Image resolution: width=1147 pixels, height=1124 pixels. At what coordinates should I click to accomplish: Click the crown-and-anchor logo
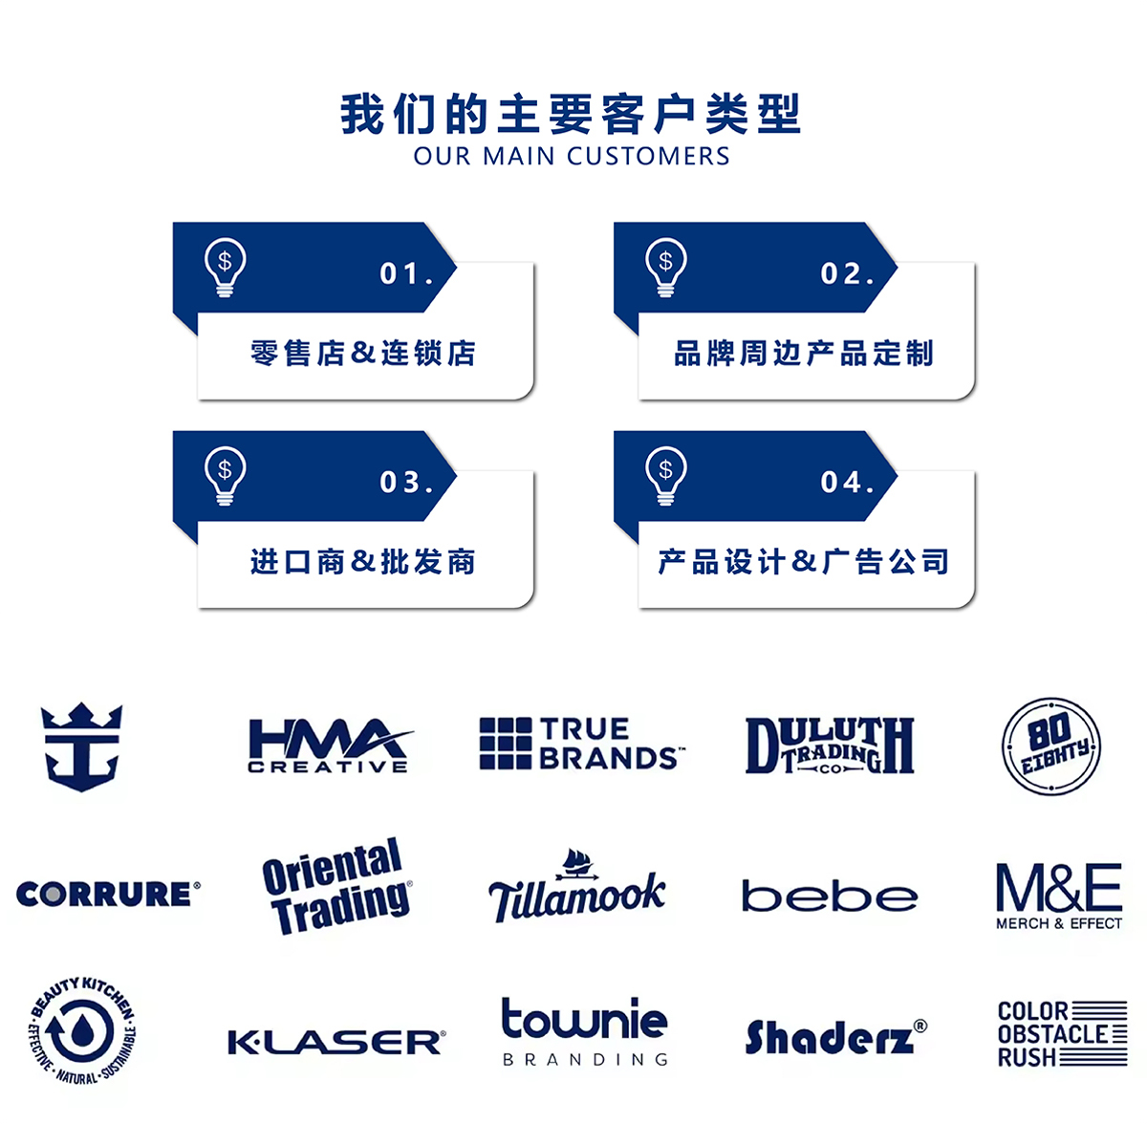coord(82,746)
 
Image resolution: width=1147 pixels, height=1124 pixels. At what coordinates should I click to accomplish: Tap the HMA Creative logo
coord(329,746)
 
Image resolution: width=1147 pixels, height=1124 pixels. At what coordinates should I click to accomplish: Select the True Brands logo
coord(581,745)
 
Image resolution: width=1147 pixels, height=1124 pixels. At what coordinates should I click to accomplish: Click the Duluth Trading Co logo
coord(830,746)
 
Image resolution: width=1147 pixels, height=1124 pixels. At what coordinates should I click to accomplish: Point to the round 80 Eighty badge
coord(1051,746)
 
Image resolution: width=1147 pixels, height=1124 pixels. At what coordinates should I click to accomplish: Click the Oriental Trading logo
coord(336,887)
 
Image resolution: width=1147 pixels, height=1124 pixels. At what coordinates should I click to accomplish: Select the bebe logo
coord(830,897)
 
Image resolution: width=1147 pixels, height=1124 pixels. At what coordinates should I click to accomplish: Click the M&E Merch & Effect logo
coord(1059,895)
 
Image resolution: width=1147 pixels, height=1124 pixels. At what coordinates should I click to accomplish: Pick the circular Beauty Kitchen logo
coord(82,1031)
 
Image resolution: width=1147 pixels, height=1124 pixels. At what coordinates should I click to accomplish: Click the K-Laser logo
coord(336,1042)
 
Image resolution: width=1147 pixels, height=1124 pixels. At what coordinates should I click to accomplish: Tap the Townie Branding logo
coord(585,1031)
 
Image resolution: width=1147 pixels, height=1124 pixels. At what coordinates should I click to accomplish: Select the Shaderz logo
coord(835,1037)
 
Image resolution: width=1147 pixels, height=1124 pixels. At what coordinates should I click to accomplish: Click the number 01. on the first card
coord(406,274)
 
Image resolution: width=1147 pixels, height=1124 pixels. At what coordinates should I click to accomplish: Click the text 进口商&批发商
coord(363,562)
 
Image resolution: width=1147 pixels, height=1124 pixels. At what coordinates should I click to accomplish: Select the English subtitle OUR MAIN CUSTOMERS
coord(572,157)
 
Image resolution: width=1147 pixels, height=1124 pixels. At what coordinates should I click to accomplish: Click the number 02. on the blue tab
coord(847,274)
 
